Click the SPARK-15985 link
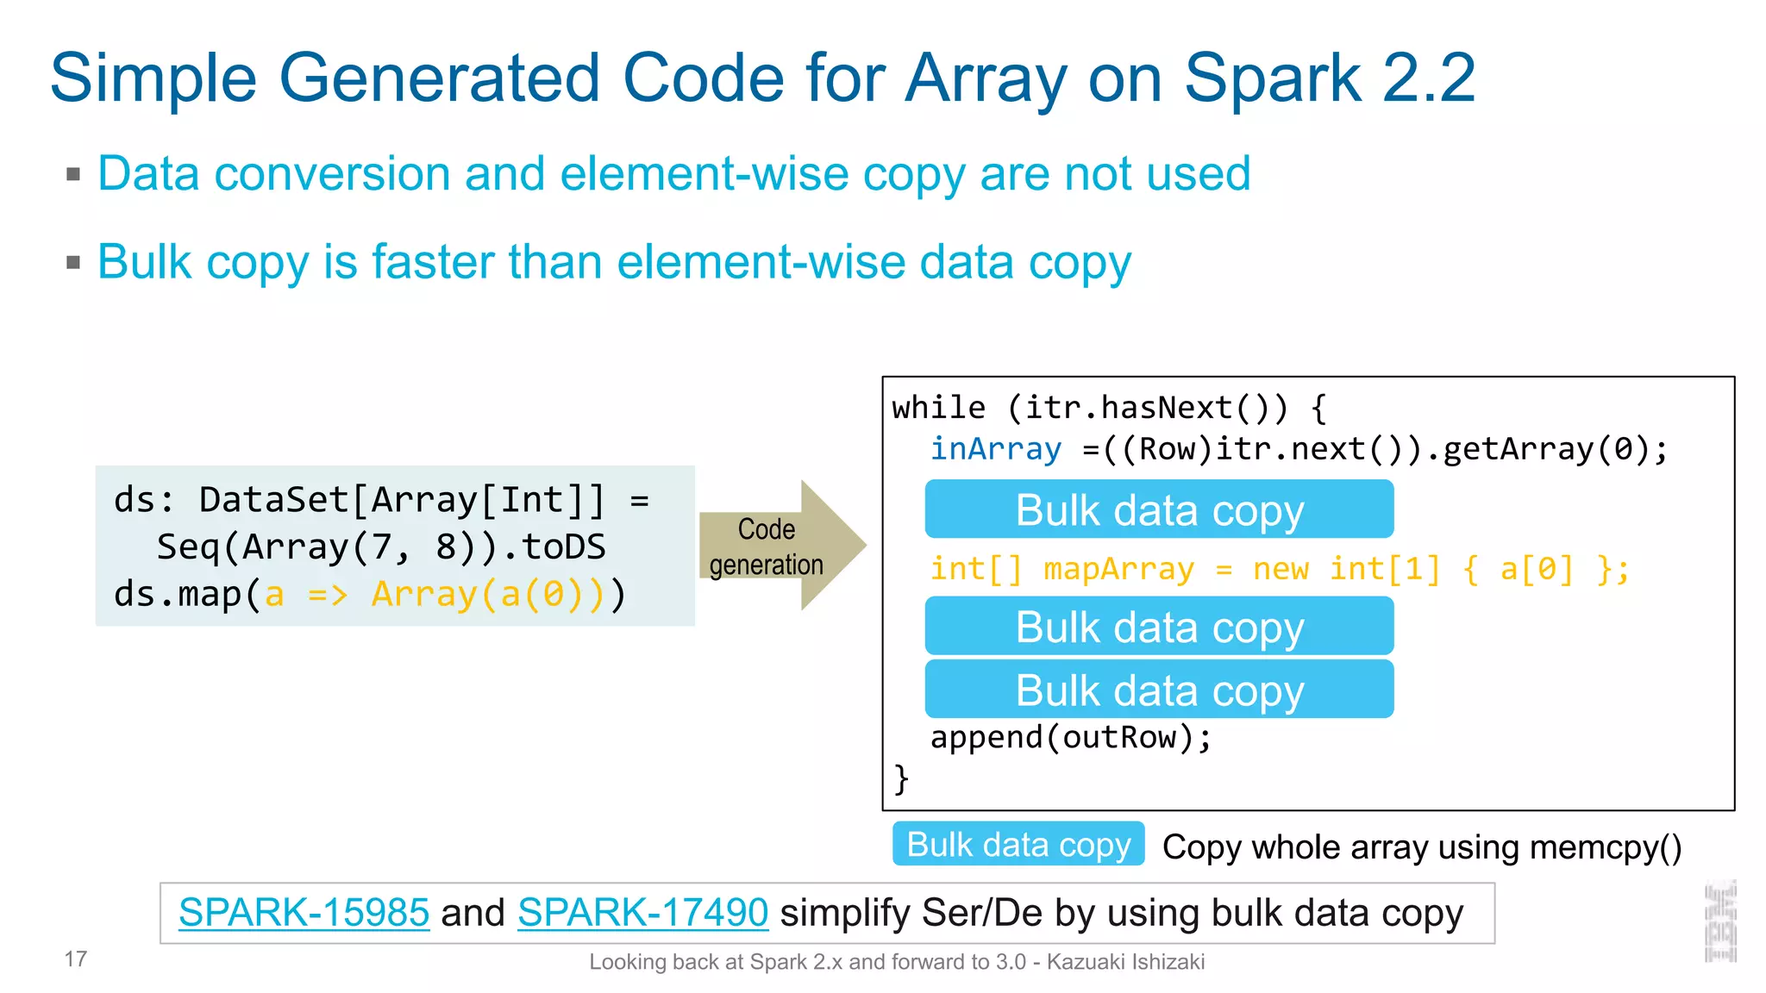click(304, 913)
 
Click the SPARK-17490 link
click(642, 913)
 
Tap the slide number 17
click(76, 959)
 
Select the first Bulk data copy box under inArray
click(1159, 509)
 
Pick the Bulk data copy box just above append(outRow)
click(1159, 690)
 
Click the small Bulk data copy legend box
click(1018, 845)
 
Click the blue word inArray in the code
click(995, 449)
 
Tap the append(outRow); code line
click(1070, 738)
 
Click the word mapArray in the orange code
click(1118, 570)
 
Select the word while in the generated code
click(938, 408)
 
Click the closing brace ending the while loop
click(901, 778)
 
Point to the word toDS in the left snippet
click(564, 547)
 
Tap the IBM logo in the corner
click(1720, 922)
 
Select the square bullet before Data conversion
click(73, 175)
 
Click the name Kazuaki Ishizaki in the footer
click(1125, 962)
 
